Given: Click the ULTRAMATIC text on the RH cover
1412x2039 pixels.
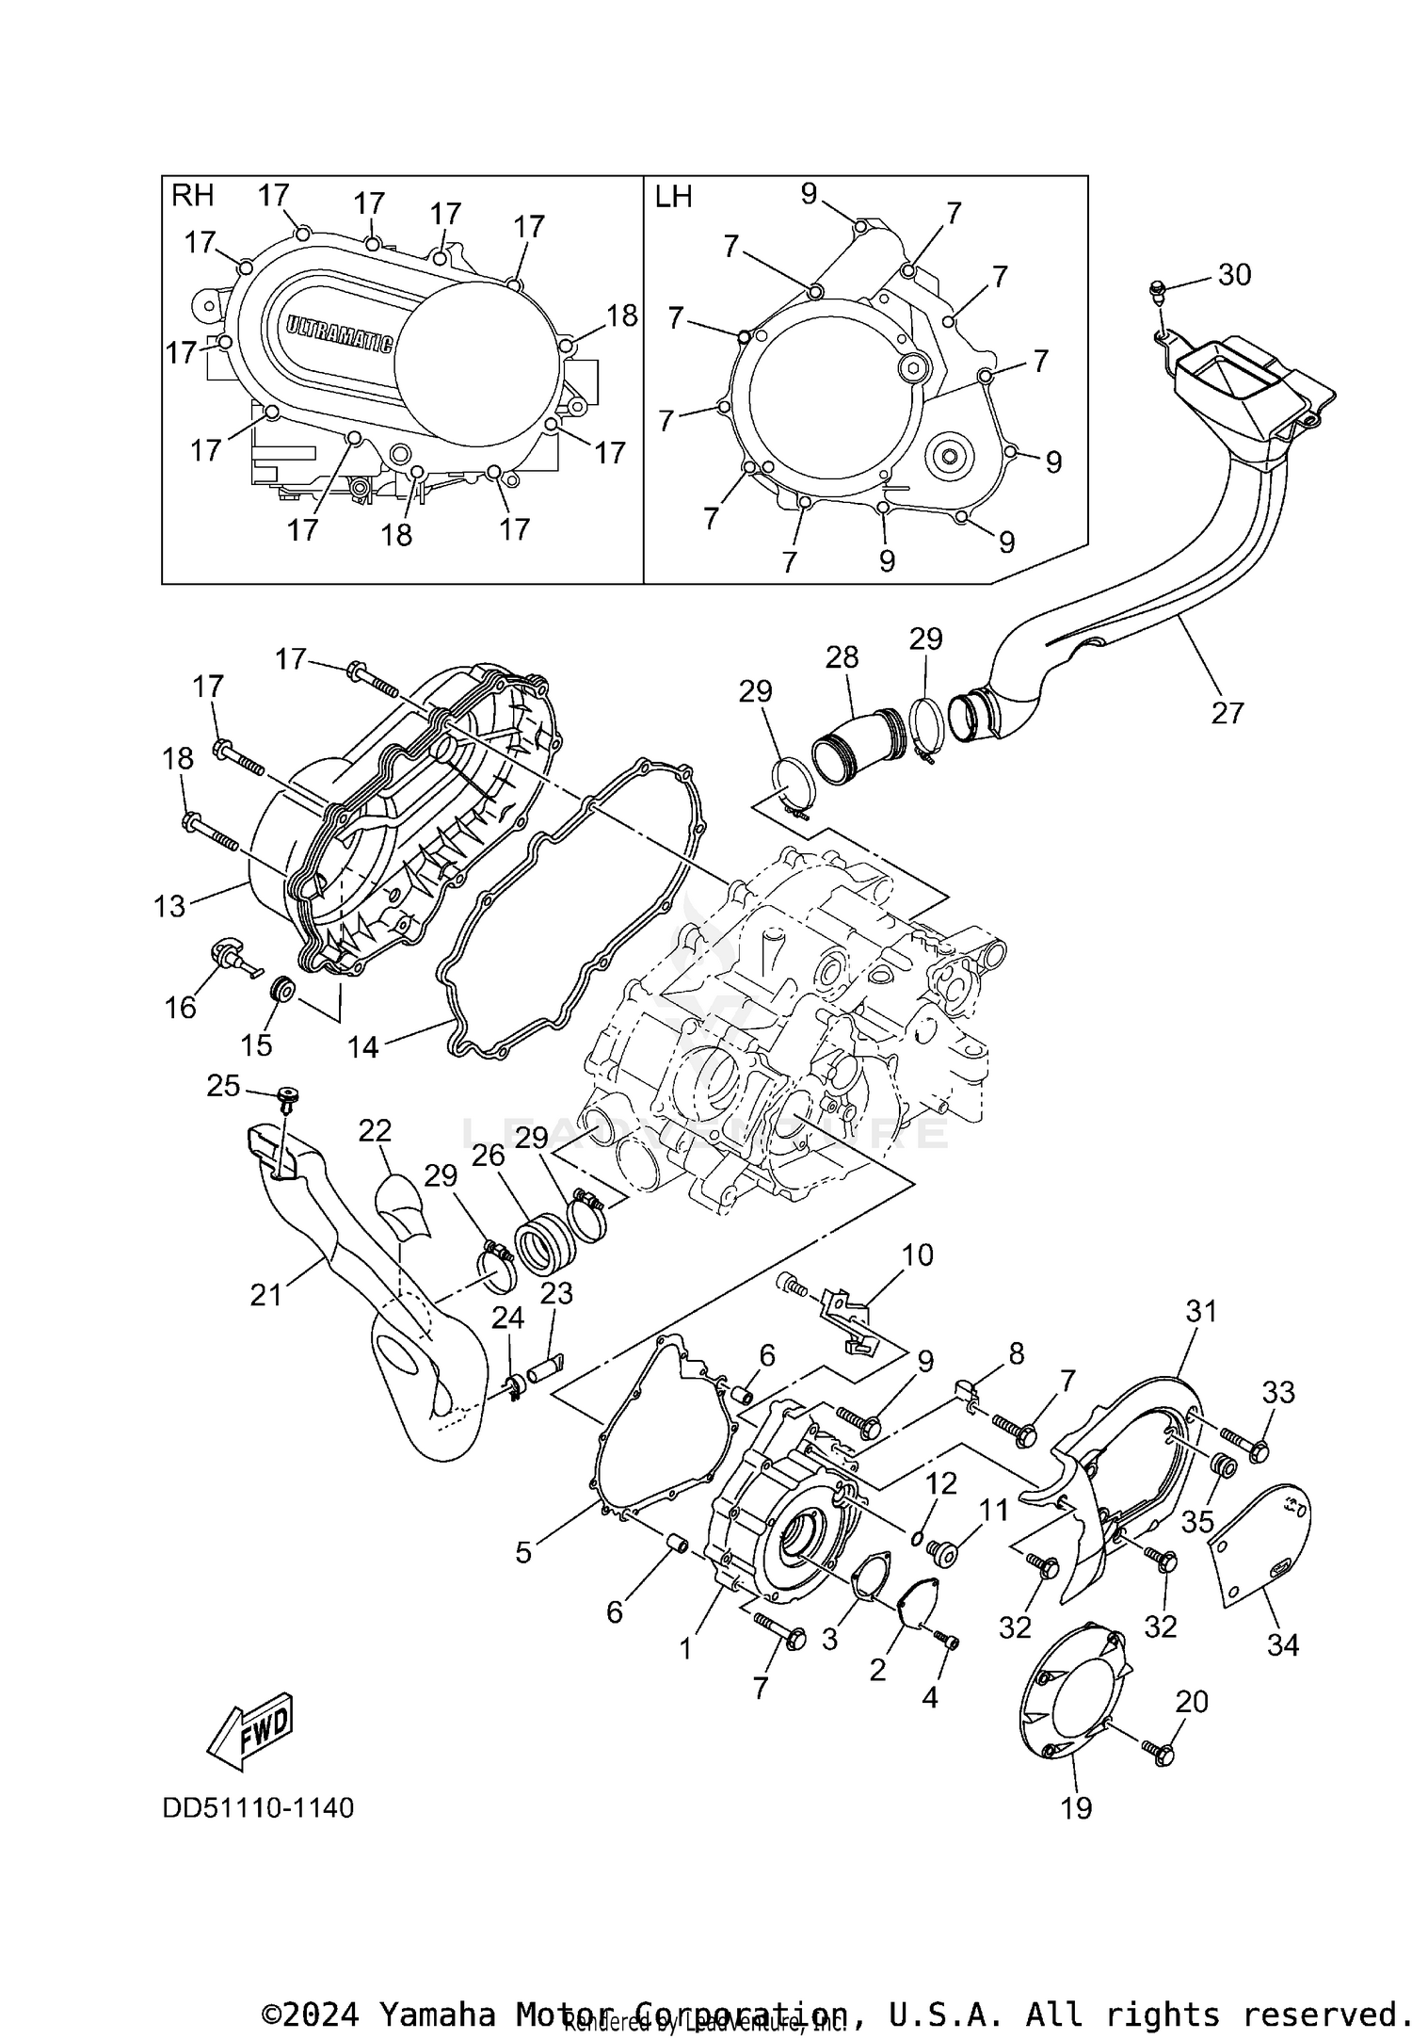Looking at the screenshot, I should [339, 333].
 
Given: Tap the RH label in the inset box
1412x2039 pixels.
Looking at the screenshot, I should [192, 196].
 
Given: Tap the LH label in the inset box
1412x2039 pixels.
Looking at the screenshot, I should [673, 197].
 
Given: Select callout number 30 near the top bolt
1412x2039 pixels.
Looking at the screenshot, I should [1234, 274].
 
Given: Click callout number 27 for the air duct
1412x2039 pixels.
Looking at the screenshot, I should [1227, 713].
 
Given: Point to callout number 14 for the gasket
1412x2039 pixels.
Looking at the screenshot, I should [362, 1046].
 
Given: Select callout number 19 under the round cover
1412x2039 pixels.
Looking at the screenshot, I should [1076, 1807].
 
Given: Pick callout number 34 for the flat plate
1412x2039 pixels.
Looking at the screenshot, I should [1283, 1645].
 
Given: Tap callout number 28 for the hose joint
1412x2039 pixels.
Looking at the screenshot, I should [842, 657].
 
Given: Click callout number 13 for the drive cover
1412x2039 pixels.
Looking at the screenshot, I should [169, 906].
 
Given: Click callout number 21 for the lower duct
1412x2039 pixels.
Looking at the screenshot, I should [266, 1295].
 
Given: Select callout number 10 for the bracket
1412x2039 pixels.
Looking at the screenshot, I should [918, 1255].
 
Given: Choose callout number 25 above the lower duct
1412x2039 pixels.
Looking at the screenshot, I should [223, 1086].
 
